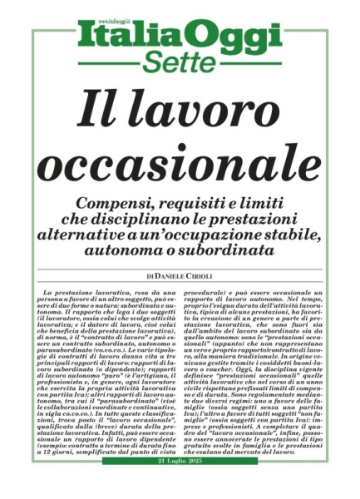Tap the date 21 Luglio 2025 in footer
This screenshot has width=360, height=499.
click(180, 484)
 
